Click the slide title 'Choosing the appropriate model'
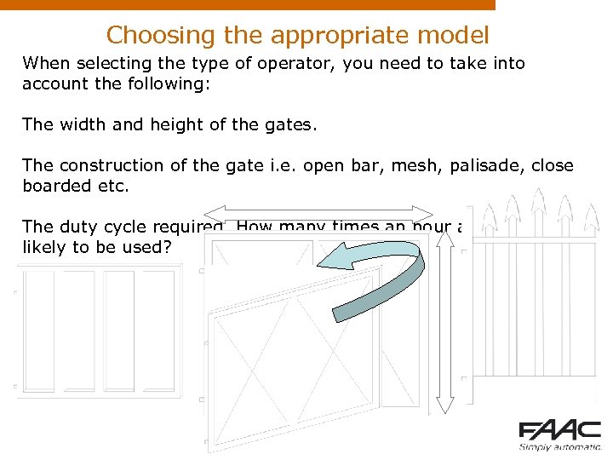(297, 35)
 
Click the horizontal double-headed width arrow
(319, 213)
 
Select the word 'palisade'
(489, 165)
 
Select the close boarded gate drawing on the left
(99, 331)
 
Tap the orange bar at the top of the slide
(247, 4)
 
